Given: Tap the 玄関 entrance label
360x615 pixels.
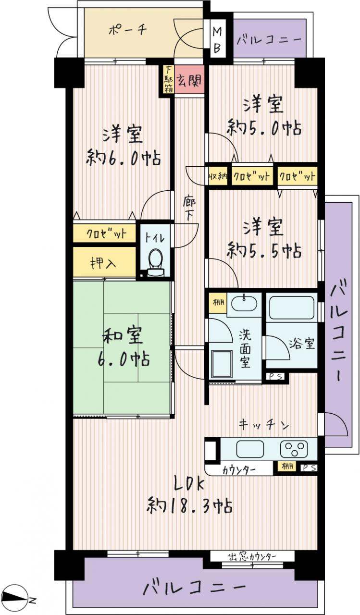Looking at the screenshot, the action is point(189,80).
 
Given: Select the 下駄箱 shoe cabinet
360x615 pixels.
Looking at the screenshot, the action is point(168,79).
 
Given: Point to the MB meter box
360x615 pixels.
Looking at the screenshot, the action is point(217,38).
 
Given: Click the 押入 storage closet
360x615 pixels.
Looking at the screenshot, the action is point(104,263).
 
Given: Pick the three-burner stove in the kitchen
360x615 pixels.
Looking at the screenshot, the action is point(294,449).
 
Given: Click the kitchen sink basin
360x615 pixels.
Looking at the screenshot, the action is point(250,449).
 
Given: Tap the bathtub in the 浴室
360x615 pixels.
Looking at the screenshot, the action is point(292,307).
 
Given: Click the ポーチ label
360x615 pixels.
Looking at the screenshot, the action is point(128,30).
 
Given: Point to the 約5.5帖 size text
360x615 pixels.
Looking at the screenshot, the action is point(264,250).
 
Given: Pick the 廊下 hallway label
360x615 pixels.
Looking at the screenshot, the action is point(189,209).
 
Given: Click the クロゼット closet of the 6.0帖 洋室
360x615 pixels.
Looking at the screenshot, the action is point(104,234).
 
